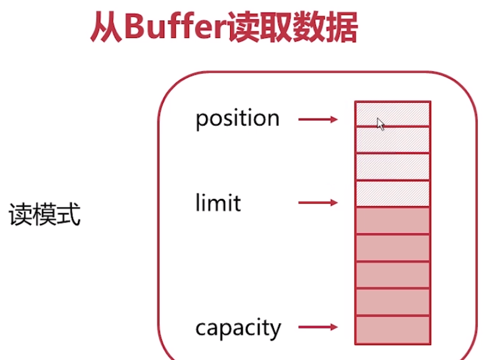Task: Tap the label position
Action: click(x=237, y=119)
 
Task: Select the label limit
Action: click(x=218, y=203)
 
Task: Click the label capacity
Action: click(x=238, y=328)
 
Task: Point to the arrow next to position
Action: click(x=318, y=119)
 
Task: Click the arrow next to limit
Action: click(x=318, y=203)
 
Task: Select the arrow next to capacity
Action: click(x=318, y=328)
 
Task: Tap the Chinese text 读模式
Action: click(x=45, y=216)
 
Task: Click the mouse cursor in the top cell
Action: click(x=380, y=124)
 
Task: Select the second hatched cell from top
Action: click(x=393, y=140)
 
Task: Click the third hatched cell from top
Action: click(x=393, y=167)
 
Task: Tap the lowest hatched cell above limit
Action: click(x=393, y=193)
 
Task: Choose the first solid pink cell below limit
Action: click(x=393, y=220)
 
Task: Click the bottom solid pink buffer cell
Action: click(x=393, y=329)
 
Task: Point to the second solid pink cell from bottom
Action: click(x=393, y=302)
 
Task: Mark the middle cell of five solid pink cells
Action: click(x=393, y=275)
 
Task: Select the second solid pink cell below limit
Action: click(x=393, y=248)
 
